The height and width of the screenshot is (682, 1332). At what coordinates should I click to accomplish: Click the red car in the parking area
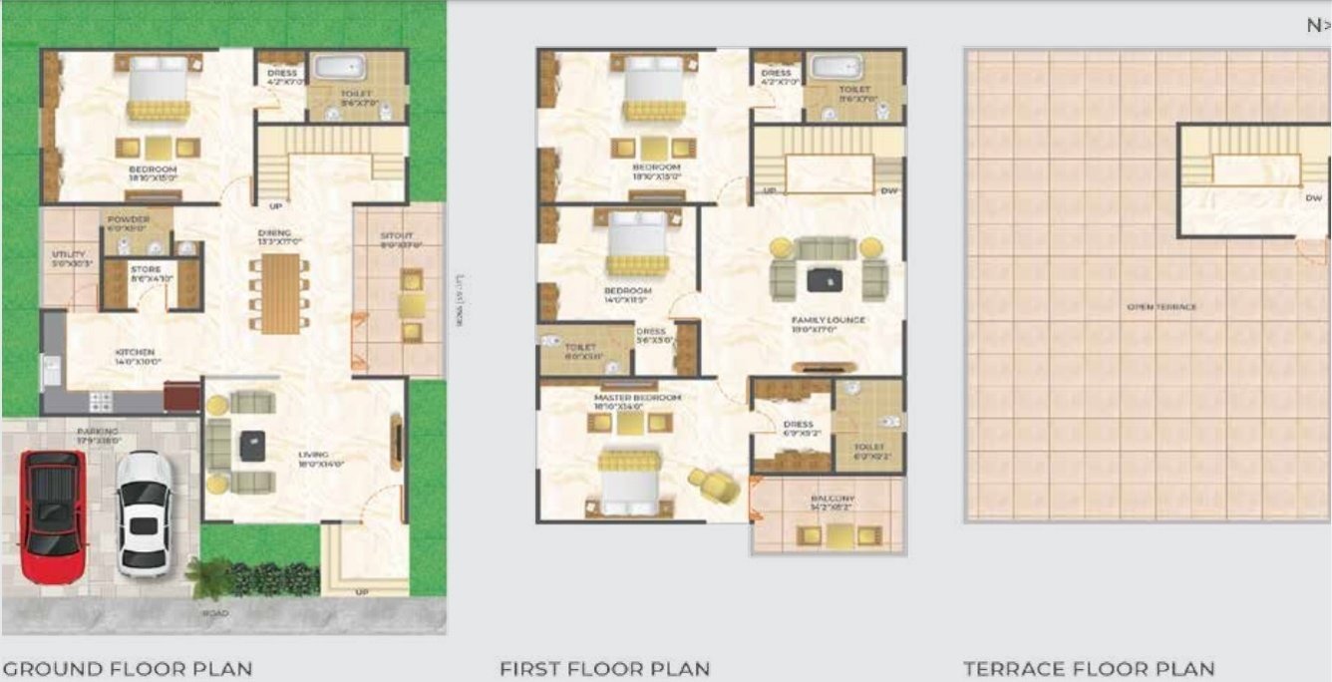54,515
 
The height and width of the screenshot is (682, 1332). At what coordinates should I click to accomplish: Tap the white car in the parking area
144,513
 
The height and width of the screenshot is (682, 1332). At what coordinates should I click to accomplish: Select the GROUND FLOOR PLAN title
127,668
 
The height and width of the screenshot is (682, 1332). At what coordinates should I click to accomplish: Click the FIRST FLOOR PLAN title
604,668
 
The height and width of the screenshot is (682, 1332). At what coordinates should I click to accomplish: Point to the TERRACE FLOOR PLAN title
1089,668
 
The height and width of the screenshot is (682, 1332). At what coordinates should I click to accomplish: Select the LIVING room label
313,455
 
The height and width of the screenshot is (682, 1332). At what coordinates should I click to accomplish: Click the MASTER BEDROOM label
637,398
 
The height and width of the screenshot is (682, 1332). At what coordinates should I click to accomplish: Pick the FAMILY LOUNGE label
828,320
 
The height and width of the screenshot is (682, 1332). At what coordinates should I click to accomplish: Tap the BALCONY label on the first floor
832,499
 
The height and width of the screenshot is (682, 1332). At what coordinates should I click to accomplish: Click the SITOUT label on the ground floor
396,236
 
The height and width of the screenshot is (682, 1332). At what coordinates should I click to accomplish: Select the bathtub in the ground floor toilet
339,68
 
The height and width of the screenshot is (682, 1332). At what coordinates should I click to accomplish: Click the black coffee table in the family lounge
824,280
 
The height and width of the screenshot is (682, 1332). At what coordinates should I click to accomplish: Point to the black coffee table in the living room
252,445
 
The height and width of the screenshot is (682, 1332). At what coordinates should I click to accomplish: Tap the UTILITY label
69,254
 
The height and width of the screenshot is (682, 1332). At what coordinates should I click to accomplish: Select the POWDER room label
128,219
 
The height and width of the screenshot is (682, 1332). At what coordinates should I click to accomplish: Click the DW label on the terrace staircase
1313,197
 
